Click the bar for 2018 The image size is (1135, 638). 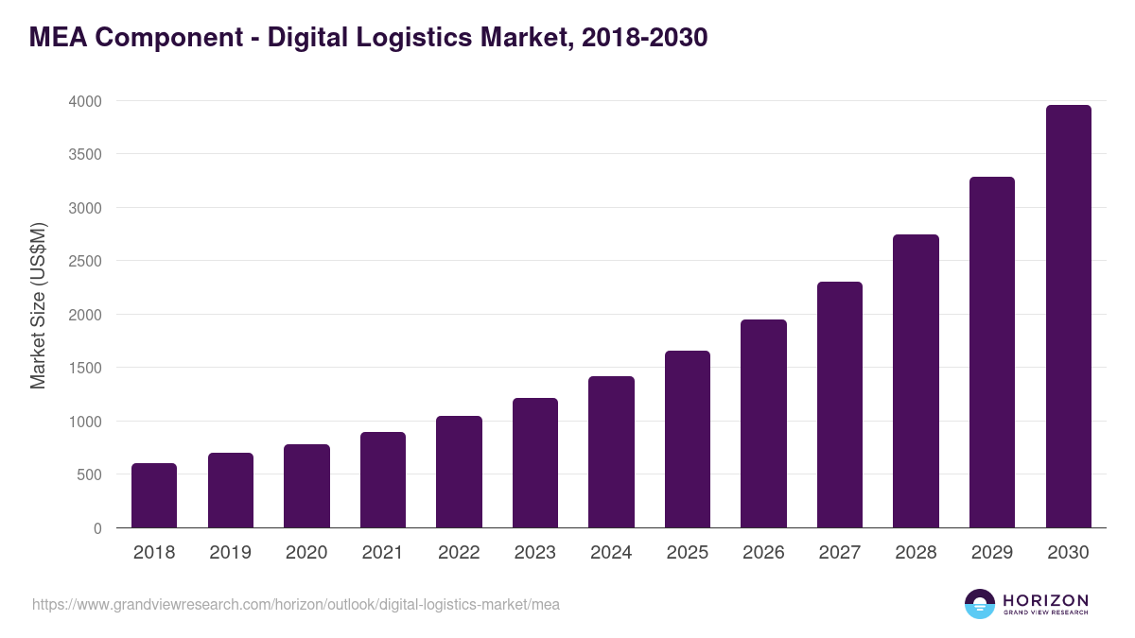tap(154, 495)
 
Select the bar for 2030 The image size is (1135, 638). tap(1068, 317)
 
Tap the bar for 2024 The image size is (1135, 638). tap(611, 452)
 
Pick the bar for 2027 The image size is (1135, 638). tap(840, 405)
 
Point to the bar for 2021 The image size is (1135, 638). tap(383, 479)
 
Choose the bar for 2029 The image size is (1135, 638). tap(992, 353)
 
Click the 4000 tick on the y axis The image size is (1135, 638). tap(84, 101)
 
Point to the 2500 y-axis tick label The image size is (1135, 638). tap(84, 261)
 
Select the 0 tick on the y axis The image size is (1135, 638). tap(97, 528)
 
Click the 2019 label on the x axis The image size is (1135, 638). tap(230, 553)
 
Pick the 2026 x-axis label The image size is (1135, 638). tap(763, 553)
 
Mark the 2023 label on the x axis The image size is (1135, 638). tap(535, 553)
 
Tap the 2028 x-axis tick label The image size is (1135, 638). tap(916, 553)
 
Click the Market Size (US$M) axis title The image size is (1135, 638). tap(38, 304)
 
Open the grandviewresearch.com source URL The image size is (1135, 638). tap(296, 604)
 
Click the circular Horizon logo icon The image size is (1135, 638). tap(980, 604)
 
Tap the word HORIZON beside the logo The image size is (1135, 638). tap(1046, 600)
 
